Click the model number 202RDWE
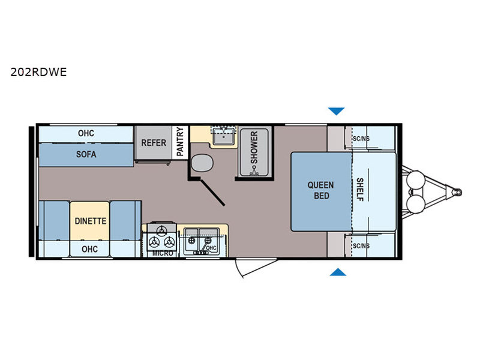pyautogui.click(x=38, y=72)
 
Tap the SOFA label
pyautogui.click(x=86, y=154)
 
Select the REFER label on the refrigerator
pyautogui.click(x=154, y=143)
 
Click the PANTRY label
pyautogui.click(x=180, y=142)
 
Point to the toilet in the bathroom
pyautogui.click(x=202, y=163)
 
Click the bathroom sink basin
pyautogui.click(x=224, y=136)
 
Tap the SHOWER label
pyautogui.click(x=254, y=147)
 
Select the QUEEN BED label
pyautogui.click(x=321, y=190)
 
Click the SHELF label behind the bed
pyautogui.click(x=360, y=190)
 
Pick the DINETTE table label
pyautogui.click(x=91, y=221)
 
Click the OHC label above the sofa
pyautogui.click(x=86, y=133)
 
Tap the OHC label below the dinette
pyautogui.click(x=89, y=249)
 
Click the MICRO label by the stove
pyautogui.click(x=163, y=253)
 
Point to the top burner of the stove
pyautogui.click(x=161, y=230)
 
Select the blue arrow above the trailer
pyautogui.click(x=337, y=111)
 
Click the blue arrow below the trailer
pyautogui.click(x=338, y=272)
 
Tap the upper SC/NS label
pyautogui.click(x=361, y=139)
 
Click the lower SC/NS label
pyautogui.click(x=361, y=246)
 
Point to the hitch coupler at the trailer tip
pyautogui.click(x=457, y=192)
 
